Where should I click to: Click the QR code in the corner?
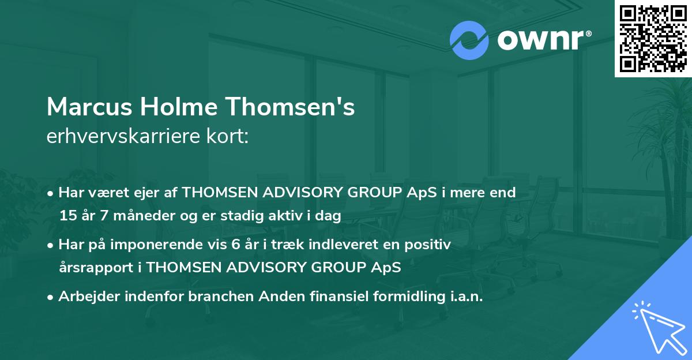coord(653,38)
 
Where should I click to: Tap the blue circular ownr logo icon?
coord(470,40)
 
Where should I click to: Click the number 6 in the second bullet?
coord(235,245)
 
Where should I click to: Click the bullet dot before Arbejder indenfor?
coord(51,297)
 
